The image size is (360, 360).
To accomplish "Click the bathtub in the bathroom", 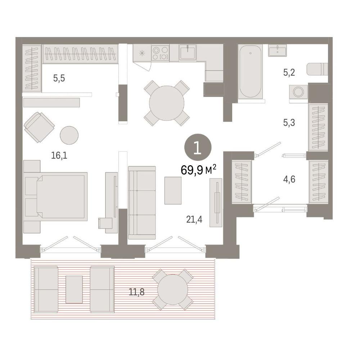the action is pos(250,72).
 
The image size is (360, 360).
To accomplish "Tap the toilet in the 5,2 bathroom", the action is pos(317,69).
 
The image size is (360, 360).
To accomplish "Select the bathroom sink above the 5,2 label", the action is pos(278,50).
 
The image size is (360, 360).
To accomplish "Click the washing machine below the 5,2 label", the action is pos(298,92).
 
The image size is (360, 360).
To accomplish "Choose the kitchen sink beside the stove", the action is pos(188,52).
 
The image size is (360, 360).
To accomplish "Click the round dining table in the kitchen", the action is pos(167,103).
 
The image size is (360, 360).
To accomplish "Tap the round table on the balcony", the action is pos(173,289).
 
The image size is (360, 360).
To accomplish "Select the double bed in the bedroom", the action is pos(55,197).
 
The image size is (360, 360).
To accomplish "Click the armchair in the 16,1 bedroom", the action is pos(39,127).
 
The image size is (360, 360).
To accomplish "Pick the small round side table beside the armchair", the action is pos(69,135).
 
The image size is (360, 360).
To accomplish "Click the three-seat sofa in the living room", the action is pos(142,203).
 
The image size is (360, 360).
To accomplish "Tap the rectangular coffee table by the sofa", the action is pos(173,190).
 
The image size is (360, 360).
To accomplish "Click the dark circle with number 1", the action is pos(198,147).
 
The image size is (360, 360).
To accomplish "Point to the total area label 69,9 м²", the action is pos(198,170).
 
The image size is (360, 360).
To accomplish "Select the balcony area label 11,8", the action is pos(136,292).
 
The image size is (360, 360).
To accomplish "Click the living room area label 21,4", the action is pos(194,220).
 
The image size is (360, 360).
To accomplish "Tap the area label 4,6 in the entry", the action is pos(289,179).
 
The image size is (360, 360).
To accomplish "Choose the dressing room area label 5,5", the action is pos(59,78).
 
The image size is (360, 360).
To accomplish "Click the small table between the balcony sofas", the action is pos(74,289).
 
